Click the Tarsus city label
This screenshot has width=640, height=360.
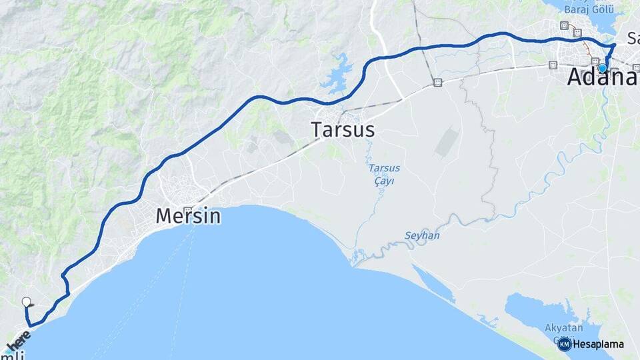coord(343,129)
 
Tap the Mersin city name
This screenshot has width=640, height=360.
coord(188,216)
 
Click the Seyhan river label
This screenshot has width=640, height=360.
coord(422,235)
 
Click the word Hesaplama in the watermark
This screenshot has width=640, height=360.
coord(598,345)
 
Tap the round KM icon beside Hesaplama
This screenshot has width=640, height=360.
coord(564,345)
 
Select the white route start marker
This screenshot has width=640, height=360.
coord(27,302)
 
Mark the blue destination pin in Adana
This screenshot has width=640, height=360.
coord(602,67)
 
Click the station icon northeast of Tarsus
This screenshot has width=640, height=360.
coord(437,83)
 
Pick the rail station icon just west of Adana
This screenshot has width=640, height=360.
coord(552,65)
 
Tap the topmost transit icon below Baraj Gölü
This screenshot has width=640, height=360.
coord(565,26)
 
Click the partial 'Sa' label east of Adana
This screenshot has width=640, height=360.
coord(633,37)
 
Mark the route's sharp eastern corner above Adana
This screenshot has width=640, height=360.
coord(614,45)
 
